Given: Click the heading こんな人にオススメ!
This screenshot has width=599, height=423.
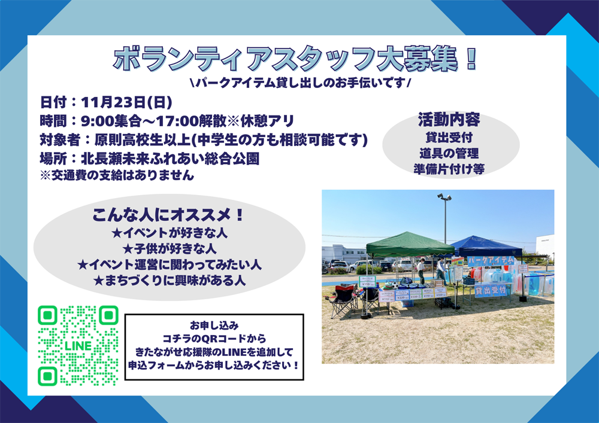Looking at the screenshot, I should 169,215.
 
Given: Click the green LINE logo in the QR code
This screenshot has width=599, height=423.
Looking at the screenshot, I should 78,346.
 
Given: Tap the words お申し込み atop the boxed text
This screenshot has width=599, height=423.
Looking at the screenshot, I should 214,325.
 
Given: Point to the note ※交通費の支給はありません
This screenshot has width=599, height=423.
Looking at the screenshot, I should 117,175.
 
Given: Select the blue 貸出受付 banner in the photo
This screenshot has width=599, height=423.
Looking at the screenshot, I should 491,290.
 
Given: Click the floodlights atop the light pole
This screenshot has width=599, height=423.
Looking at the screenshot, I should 444,196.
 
